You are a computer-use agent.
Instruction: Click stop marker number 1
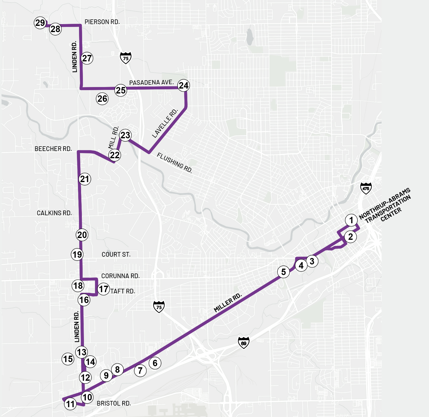point(351,220)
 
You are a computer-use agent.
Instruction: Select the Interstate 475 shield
point(366,188)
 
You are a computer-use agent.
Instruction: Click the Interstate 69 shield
point(244,343)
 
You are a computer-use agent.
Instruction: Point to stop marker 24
point(184,85)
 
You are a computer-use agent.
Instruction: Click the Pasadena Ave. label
point(151,83)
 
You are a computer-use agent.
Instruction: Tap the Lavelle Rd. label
point(165,123)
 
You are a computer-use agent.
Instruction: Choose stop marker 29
point(40,23)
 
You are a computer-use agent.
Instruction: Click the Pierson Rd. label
point(102,22)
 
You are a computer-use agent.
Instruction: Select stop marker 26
point(102,99)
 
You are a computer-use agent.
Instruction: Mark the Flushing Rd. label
point(175,163)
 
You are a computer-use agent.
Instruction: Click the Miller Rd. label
point(228,303)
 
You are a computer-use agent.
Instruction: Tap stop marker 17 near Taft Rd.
point(104,289)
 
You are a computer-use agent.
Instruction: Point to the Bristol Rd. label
point(114,403)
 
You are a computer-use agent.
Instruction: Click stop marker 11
point(70,404)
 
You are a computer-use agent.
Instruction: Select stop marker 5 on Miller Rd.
point(283,272)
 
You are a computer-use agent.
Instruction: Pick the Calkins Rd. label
point(54,213)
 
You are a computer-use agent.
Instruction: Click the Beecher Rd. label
point(53,149)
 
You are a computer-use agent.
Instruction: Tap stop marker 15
point(68,359)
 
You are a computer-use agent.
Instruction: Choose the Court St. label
point(116,255)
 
